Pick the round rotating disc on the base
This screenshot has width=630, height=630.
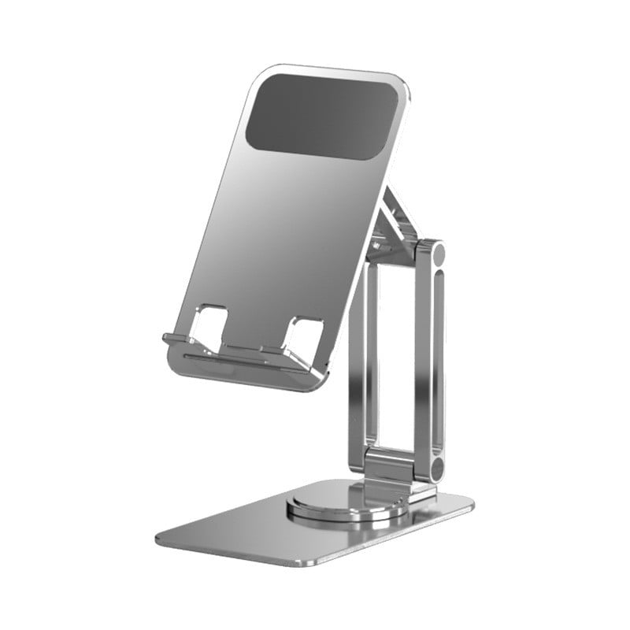click(346, 503)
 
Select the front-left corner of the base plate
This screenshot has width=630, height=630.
click(161, 537)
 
